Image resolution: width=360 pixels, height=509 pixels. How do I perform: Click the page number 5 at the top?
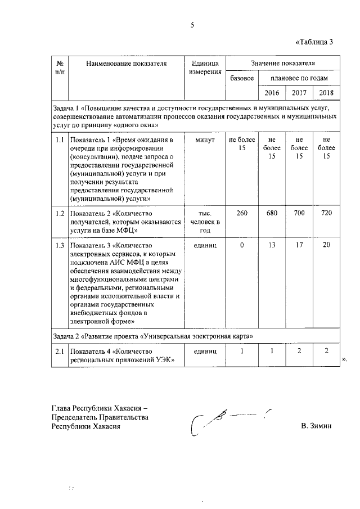(x=192, y=25)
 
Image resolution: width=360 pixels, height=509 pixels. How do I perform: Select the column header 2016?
(x=272, y=93)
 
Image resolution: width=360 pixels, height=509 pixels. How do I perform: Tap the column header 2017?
(x=299, y=93)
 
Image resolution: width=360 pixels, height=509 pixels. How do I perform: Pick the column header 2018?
(x=326, y=93)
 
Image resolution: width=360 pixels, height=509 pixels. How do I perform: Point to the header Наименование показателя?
(x=127, y=64)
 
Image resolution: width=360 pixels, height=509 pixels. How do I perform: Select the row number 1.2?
(x=59, y=213)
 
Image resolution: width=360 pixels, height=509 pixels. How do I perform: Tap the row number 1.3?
(x=59, y=246)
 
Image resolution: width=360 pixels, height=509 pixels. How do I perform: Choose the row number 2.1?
(x=59, y=351)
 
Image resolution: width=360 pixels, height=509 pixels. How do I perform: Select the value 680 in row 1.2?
(x=272, y=213)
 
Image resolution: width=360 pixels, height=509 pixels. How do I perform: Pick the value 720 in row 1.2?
(x=326, y=213)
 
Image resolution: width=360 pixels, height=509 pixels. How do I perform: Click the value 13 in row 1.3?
(x=272, y=246)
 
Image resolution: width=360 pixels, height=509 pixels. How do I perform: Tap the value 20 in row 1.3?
(x=326, y=246)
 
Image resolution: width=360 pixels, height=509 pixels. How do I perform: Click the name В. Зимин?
(x=317, y=426)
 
